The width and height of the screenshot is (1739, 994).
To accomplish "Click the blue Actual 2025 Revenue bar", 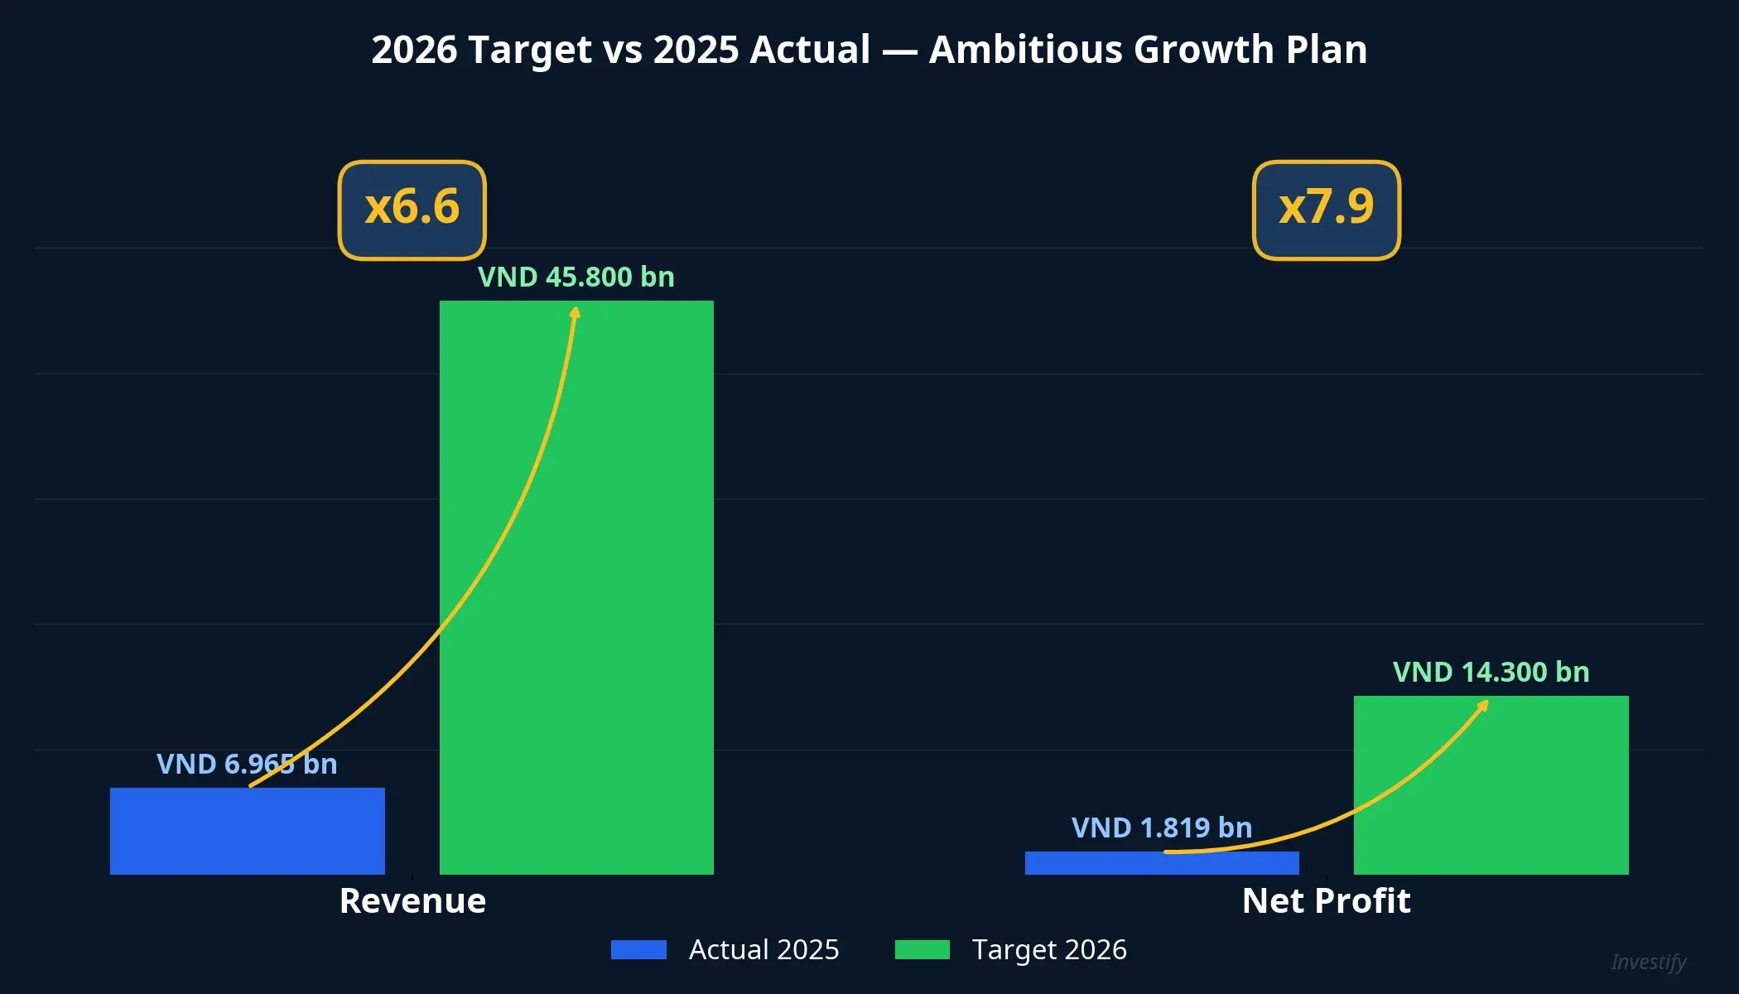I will (247, 831).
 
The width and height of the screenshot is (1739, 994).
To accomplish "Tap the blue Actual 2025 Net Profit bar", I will (1161, 863).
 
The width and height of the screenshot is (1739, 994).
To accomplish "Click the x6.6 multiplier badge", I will (412, 210).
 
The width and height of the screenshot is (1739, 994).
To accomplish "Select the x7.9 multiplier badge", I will (1326, 210).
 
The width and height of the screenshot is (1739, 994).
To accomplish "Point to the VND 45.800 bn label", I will (576, 277).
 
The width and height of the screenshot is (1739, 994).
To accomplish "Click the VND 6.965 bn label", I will (247, 764).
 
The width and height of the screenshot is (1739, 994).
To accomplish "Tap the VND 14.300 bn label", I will (1491, 672).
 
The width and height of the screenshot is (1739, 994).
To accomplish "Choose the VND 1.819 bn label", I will (1161, 828).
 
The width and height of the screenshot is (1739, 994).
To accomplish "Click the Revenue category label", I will (412, 900).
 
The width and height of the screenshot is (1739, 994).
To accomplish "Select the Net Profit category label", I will (1326, 900).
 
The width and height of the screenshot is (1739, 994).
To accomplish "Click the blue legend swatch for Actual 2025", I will (638, 949).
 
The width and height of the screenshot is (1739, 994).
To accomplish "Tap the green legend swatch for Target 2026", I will (922, 949).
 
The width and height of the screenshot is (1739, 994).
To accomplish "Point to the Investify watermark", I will (1648, 962).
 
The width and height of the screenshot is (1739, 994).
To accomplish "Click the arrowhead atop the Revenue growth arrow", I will (576, 311).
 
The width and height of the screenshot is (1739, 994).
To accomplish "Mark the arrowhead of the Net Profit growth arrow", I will (1483, 705).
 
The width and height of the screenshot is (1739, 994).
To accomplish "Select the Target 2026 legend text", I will (1048, 949).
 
